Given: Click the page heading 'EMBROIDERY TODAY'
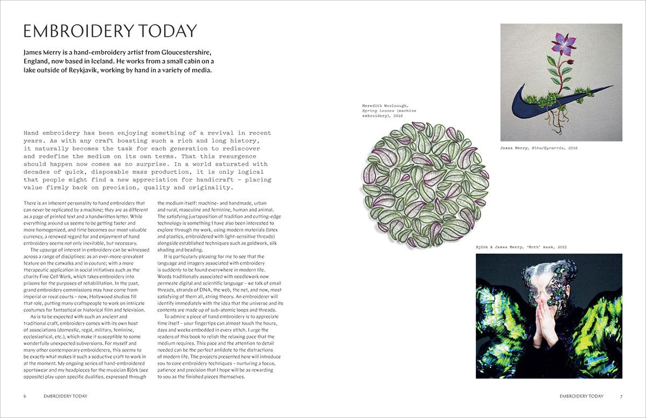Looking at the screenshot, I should point(110,31).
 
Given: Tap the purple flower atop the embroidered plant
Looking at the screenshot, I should point(564,44).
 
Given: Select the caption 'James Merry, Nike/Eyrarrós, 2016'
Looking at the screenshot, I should point(538,148).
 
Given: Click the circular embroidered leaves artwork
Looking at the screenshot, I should point(425,185).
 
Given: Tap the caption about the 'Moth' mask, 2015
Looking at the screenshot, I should point(521,247).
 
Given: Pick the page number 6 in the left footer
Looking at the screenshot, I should point(25,396).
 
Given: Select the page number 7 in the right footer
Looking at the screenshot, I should point(621,396).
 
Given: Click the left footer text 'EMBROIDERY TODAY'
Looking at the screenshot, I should point(65,396).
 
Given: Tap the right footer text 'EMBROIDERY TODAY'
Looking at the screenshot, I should point(581,396).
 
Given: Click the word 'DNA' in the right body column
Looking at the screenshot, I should point(215,283).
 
